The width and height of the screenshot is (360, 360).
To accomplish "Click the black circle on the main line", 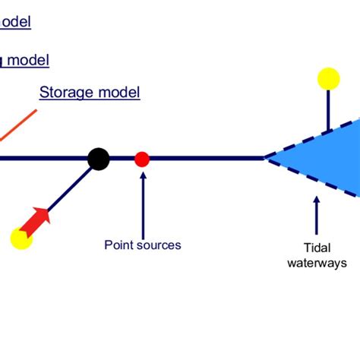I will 98,159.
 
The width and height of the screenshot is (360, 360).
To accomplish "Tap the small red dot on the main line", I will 142,159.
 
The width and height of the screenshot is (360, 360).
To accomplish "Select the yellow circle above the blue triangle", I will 328,79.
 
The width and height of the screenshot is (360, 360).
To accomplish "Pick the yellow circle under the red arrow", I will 21,238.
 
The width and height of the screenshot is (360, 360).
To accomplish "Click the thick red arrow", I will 35,222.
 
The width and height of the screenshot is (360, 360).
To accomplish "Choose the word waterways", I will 322,263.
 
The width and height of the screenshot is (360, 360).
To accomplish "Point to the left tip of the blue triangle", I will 266,159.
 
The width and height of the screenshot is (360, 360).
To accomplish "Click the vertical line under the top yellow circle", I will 328,109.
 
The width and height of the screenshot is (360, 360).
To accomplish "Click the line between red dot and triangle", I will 205,159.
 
